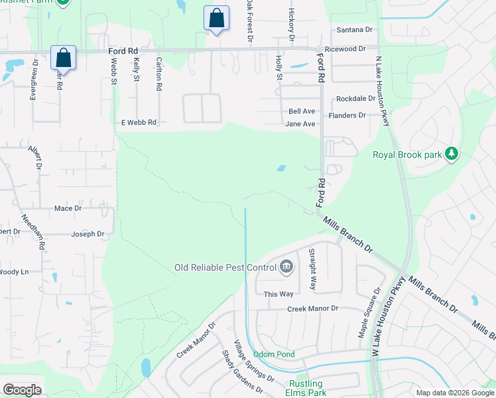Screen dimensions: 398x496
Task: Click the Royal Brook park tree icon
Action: click(x=452, y=155)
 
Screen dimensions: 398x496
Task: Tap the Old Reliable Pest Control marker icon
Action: click(x=286, y=267)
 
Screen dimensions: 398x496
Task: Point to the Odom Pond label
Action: click(x=274, y=355)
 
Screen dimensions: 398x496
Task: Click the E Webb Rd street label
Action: click(x=139, y=123)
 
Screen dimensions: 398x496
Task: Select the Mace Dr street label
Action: click(x=68, y=208)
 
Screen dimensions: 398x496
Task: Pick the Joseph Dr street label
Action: click(x=88, y=234)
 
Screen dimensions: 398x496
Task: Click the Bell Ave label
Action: click(x=302, y=111)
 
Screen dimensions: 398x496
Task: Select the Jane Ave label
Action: click(x=300, y=124)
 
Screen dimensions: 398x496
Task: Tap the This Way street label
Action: click(x=279, y=294)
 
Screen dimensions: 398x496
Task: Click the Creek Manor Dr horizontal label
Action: click(x=312, y=308)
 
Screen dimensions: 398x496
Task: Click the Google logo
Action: click(x=22, y=390)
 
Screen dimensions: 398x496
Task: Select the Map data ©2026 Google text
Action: click(x=454, y=393)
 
